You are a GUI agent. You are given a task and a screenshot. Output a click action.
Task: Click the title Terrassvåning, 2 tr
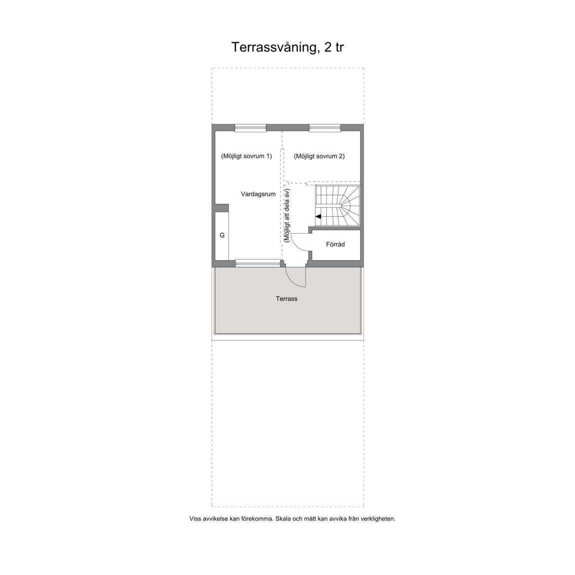(287, 47)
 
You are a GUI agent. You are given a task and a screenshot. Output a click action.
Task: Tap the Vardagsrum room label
(258, 194)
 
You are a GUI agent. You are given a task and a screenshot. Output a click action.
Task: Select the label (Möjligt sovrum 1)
(247, 156)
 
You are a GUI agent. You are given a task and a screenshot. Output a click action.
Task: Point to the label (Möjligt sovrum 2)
(319, 156)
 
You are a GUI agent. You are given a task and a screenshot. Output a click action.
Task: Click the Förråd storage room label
(335, 244)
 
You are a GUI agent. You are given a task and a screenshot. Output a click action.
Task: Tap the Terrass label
(287, 299)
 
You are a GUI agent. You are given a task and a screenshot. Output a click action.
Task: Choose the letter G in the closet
(222, 236)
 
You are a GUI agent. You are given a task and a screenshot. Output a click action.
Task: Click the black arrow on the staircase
(318, 216)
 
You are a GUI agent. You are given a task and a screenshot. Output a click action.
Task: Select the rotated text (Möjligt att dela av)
(287, 215)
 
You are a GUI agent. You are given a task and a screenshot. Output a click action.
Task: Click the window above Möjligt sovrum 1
(251, 128)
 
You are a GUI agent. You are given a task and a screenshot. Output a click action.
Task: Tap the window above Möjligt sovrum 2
(325, 128)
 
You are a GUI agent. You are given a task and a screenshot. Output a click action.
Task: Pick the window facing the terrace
(258, 263)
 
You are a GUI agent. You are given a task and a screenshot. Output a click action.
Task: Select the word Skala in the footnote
(283, 519)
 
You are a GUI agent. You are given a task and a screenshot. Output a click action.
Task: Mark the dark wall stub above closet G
(222, 208)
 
